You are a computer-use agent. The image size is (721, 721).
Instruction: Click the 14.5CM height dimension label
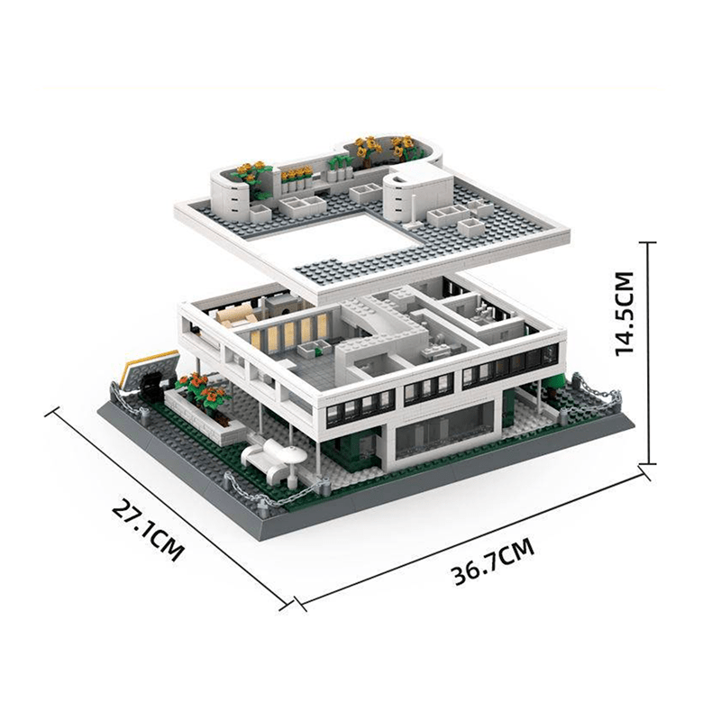point(630,314)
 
